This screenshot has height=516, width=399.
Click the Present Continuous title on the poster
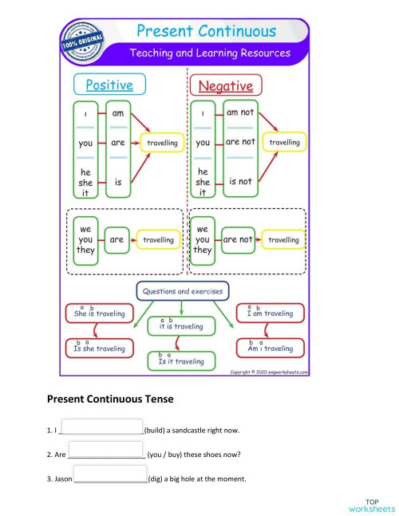click(207, 32)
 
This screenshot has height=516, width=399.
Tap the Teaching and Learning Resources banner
click(210, 54)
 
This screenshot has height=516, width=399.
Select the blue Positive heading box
click(109, 85)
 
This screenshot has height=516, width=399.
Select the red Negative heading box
click(225, 85)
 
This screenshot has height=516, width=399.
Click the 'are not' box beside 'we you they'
click(238, 238)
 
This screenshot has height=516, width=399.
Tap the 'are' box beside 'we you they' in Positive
click(117, 238)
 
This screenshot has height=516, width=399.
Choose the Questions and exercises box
click(183, 291)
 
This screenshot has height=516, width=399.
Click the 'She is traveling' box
click(99, 313)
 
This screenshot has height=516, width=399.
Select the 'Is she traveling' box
click(99, 349)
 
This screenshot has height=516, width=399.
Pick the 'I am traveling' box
click(271, 313)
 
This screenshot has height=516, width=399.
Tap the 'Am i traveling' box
click(271, 349)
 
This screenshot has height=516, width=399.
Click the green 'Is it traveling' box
click(182, 361)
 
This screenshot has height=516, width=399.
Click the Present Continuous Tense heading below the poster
click(110, 398)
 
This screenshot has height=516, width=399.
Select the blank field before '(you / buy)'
click(107, 453)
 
